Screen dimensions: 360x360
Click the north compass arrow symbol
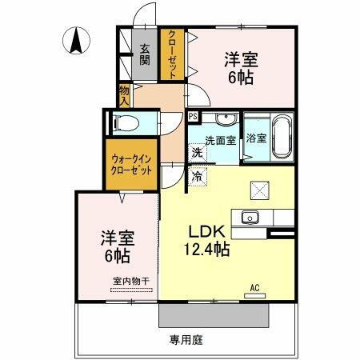point(76,40)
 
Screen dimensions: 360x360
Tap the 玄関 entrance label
point(146,54)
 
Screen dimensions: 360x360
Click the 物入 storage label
point(125,97)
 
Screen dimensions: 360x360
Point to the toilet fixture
point(129,124)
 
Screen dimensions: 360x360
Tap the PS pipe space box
point(193,116)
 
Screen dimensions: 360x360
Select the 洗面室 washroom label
point(219,140)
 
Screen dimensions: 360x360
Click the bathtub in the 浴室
point(281,130)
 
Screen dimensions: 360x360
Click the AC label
point(255,286)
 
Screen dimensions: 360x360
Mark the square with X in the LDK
point(260,190)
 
